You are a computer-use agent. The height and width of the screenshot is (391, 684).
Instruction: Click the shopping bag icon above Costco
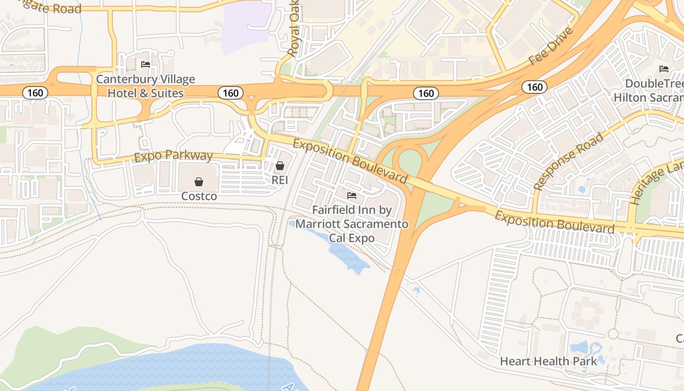[x=199, y=182]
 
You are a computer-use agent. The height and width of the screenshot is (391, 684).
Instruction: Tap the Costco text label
[x=199, y=196]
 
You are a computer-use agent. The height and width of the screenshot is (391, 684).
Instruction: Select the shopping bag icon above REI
[x=280, y=166]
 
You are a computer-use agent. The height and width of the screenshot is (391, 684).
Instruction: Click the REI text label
[x=280, y=180]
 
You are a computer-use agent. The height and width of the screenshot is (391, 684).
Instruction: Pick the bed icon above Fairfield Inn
[x=351, y=195]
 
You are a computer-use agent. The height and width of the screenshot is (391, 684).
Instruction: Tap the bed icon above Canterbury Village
[x=145, y=64]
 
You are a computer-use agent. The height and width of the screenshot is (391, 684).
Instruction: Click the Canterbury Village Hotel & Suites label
[x=145, y=86]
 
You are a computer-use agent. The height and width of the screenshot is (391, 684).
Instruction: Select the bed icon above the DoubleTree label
[x=663, y=68]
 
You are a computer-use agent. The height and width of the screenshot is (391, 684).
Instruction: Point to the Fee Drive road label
[x=551, y=46]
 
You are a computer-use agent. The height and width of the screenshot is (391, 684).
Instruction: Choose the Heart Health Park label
[x=548, y=361]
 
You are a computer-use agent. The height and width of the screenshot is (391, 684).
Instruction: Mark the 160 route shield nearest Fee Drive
[x=535, y=87]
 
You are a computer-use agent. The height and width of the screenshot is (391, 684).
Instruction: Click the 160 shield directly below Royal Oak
[x=231, y=93]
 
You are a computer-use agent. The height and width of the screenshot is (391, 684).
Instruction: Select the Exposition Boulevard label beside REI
[x=350, y=160]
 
